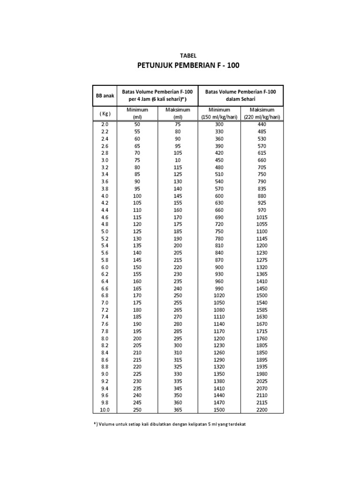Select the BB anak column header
pos(105,96)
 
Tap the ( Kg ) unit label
pos(105,113)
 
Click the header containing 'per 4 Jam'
pos(157,100)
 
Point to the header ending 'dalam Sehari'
pos(241,100)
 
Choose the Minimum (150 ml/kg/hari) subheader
pos(219,113)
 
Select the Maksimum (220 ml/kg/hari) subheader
pos(262,113)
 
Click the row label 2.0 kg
pos(105,124)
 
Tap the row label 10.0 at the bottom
pos(105,410)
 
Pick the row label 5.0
pos(105,232)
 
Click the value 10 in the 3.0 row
pos(178,160)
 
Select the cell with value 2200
pos(262,410)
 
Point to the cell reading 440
pos(262,124)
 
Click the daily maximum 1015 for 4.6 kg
pos(262,217)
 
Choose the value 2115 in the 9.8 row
pos(262,403)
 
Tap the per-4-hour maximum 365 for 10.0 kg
pos(178,410)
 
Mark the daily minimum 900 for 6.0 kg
pos(219,267)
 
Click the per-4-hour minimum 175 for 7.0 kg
pos(137,303)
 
